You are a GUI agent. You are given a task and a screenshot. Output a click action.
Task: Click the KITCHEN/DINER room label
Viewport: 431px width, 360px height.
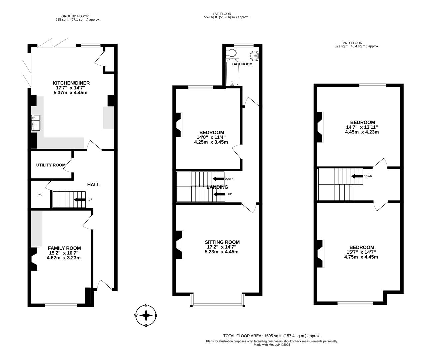71,83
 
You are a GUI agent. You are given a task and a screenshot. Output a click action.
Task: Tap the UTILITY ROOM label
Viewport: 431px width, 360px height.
51,165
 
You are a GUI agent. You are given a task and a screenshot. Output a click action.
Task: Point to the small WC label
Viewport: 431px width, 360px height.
40,194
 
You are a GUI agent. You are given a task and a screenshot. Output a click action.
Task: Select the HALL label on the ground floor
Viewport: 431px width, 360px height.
94,185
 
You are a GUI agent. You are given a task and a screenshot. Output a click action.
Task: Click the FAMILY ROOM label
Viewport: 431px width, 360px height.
64,248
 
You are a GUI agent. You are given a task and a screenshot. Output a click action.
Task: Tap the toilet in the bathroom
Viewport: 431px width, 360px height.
231,53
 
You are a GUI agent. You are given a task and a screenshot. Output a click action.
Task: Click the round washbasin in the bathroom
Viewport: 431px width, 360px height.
254,56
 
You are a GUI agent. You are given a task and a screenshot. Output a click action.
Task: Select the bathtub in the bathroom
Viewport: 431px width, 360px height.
232,72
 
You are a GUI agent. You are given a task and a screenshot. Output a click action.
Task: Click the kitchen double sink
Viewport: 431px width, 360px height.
36,123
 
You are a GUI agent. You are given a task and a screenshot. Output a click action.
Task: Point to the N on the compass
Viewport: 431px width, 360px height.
146,305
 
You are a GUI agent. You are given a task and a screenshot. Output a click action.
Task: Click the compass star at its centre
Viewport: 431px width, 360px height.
146,315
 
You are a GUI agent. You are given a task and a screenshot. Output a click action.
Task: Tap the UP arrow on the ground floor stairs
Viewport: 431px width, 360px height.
80,199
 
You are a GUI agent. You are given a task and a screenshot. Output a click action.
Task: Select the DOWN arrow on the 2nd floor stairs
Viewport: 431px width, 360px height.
357,176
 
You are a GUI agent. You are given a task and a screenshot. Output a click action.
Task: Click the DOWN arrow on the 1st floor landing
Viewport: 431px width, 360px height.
218,179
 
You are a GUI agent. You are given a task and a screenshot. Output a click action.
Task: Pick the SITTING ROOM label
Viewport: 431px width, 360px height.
222,242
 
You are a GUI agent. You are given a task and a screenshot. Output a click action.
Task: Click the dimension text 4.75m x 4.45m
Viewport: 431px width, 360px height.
361,257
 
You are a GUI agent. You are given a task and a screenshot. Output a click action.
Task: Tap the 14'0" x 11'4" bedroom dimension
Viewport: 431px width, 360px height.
211,137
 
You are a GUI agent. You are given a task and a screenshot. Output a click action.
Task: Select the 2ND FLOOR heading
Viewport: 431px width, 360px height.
353,43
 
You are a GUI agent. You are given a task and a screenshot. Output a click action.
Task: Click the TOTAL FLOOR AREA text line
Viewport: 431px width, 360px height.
272,336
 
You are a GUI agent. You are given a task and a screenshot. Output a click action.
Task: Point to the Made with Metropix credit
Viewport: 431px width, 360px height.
272,345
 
